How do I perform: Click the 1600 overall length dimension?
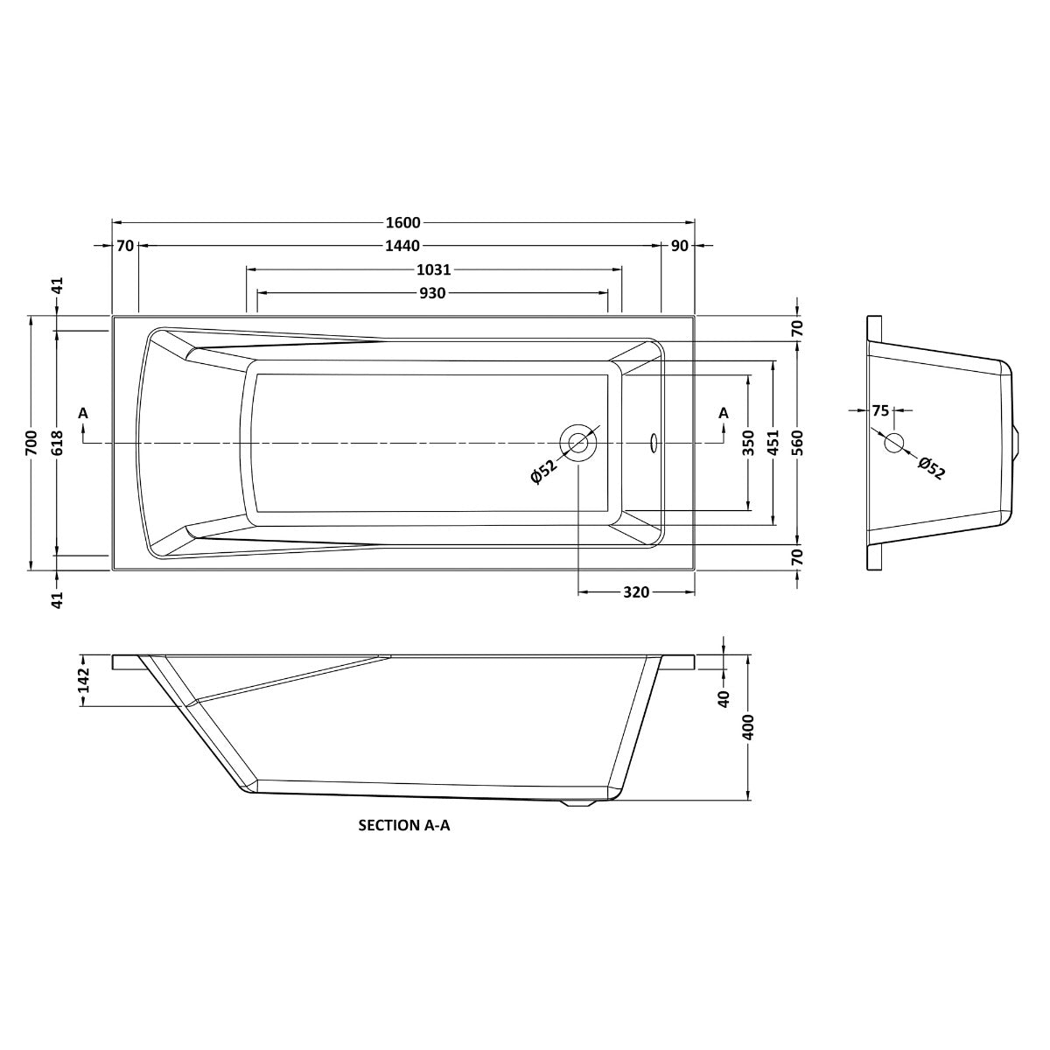point(402,222)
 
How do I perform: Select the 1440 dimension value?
point(402,246)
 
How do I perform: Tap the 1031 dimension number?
point(435,269)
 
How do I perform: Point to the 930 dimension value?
point(432,293)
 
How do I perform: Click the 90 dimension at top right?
point(679,246)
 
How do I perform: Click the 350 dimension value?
point(749,442)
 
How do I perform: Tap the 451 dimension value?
point(773,442)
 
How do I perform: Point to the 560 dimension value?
point(797,442)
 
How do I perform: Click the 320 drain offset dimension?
point(636,592)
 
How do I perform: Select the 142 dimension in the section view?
point(84,680)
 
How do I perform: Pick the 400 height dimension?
point(749,726)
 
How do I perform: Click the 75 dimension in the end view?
point(880,409)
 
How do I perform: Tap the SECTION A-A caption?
point(404,824)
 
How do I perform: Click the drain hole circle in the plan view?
point(578,442)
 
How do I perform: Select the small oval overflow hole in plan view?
point(653,443)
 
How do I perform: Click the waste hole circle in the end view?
point(893,443)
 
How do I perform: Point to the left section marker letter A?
point(83,413)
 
